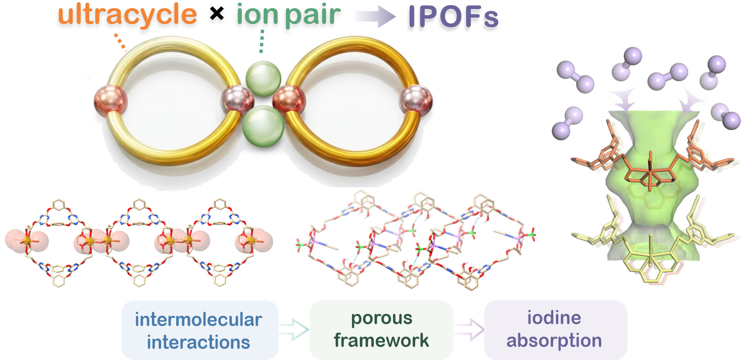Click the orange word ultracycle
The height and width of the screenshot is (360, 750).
pos(127,15)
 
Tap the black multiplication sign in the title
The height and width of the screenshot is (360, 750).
pos(217,14)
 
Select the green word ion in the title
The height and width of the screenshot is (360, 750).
pos(257,15)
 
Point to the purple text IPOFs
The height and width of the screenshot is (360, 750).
pos(453,17)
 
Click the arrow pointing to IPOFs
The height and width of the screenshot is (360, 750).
pos(375,17)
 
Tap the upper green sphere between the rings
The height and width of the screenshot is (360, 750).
pos(263,78)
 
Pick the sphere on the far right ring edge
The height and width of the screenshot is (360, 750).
pos(416,101)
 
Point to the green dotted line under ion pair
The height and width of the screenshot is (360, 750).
pos(261,41)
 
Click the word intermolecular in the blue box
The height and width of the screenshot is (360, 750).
pos(198,320)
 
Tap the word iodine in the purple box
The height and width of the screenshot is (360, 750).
pos(554,318)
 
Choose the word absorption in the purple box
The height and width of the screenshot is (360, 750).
pos(554,341)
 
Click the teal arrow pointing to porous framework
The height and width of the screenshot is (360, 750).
pos(293,329)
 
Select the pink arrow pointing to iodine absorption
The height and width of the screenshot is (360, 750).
pos(469,329)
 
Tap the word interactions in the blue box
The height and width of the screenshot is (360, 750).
pos(198,342)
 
